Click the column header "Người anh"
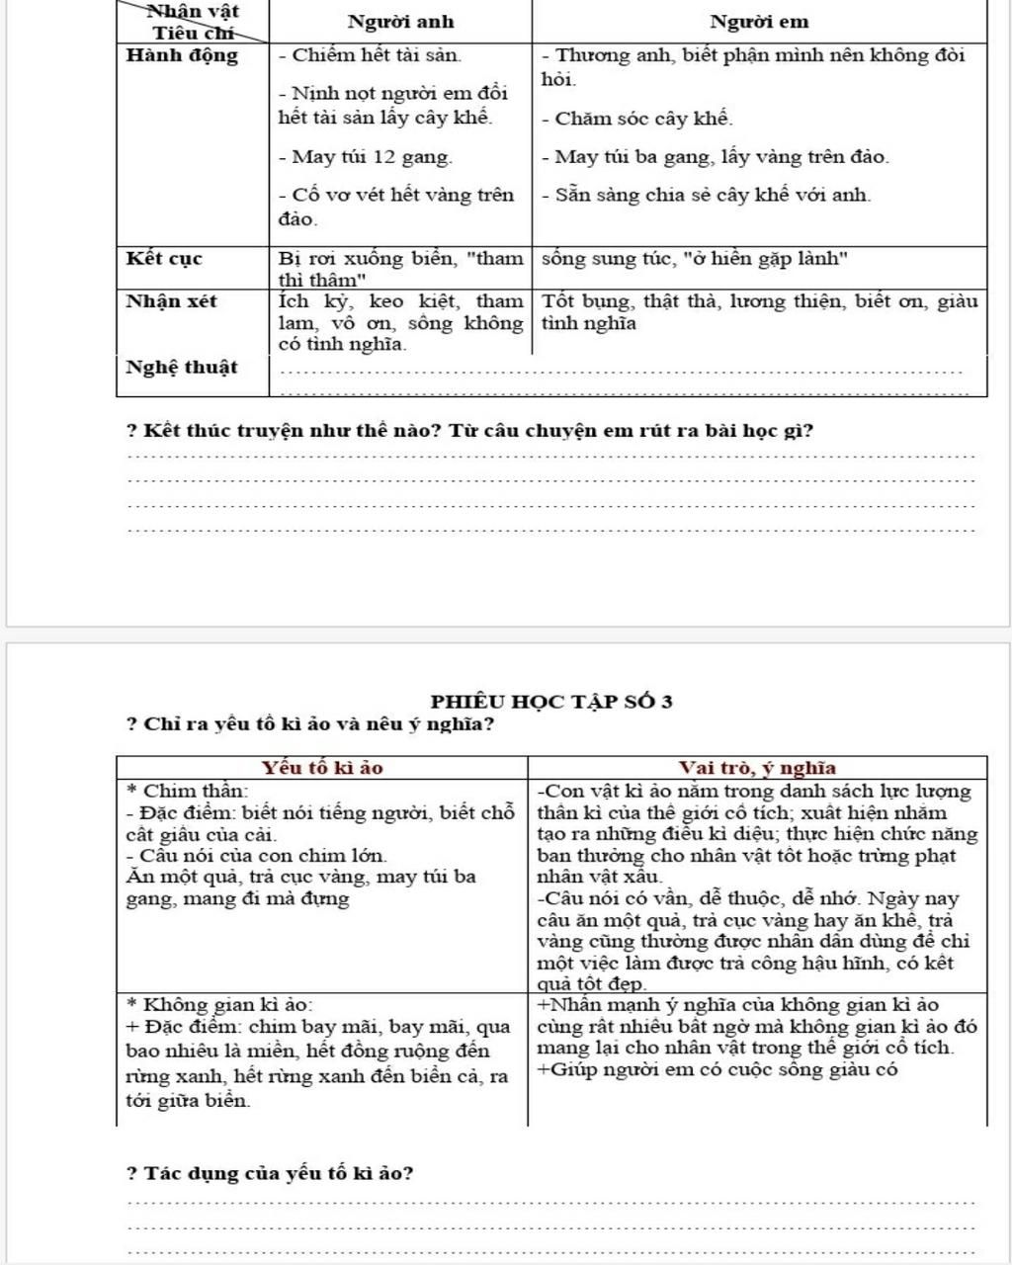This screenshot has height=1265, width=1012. click(400, 22)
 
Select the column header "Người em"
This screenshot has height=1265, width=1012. click(759, 22)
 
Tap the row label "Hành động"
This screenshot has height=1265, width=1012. click(183, 55)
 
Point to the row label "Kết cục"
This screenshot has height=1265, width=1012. click(164, 259)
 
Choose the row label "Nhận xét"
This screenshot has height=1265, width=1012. click(171, 301)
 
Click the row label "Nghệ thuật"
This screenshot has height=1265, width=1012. click(182, 368)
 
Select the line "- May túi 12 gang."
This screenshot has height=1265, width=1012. click(366, 157)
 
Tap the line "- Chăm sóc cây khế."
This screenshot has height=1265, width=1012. click(637, 120)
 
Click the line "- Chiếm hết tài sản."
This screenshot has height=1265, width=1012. click(370, 55)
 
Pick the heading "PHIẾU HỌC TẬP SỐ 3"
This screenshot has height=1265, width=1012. click(551, 702)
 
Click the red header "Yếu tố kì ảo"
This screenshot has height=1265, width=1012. click(322, 768)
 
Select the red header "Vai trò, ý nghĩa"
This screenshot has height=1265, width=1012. click(757, 768)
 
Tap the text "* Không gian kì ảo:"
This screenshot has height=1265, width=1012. click(220, 1005)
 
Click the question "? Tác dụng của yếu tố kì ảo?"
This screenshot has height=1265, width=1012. click(271, 1174)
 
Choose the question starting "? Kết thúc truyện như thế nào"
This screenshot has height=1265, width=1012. click(470, 431)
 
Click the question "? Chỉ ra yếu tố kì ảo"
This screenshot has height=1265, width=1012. click(310, 724)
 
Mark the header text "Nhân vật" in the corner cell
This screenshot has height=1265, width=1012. click(193, 12)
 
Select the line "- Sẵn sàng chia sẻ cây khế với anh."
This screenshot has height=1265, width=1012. click(707, 195)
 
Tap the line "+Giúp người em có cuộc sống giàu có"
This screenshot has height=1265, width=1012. click(717, 1069)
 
